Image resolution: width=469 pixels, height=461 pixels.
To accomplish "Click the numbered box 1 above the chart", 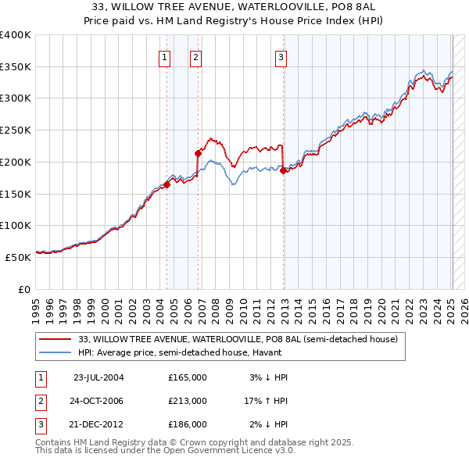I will tap(165, 56).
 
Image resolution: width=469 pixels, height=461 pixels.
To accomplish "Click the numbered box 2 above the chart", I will tap(195, 56).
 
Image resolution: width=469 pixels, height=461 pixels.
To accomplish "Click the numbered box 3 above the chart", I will tap(281, 56).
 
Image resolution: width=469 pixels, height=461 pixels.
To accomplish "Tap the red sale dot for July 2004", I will tap(167, 184).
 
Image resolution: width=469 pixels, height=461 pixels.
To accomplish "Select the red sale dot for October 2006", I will tap(198, 154).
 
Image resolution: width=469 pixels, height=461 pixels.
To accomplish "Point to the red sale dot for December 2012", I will tap(284, 171).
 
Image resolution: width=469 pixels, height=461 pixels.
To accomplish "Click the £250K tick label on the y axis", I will tap(16, 130).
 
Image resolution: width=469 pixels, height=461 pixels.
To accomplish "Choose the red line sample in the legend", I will tap(54, 339).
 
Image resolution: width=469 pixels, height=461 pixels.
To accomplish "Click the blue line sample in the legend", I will tap(54, 352).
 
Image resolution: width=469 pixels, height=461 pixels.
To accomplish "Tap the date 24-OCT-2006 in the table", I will tap(98, 401).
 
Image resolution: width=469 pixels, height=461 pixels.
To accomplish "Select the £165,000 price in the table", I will tap(187, 377).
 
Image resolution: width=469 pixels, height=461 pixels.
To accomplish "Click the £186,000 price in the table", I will tap(187, 424).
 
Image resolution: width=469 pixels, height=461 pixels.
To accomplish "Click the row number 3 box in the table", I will tap(40, 424).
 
